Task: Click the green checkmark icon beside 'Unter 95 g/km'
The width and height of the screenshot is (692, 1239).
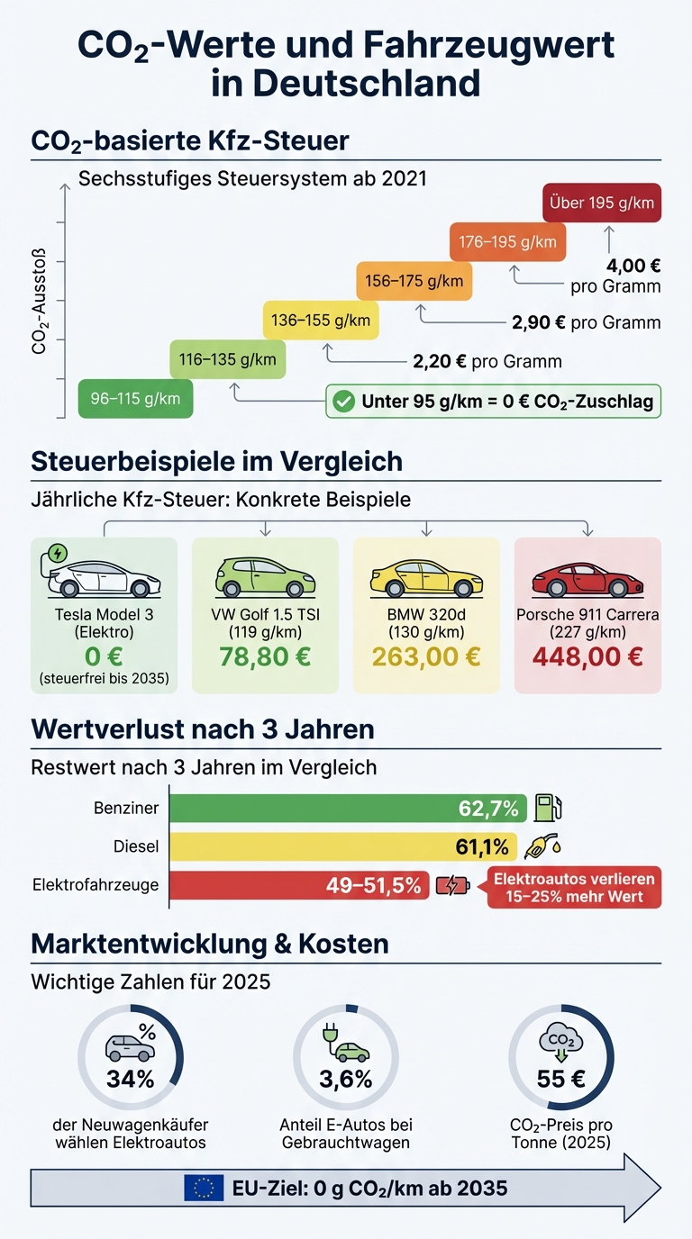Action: click(x=343, y=402)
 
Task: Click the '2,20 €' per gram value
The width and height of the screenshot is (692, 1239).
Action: click(x=439, y=361)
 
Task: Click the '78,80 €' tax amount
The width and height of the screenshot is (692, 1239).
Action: click(x=265, y=656)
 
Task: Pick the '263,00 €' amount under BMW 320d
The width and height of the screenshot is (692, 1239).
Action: click(x=426, y=656)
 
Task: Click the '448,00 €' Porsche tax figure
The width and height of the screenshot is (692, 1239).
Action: click(x=587, y=656)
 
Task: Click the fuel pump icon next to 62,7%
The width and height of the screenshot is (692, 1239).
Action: click(x=548, y=808)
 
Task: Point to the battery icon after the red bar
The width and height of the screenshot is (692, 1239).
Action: click(x=451, y=886)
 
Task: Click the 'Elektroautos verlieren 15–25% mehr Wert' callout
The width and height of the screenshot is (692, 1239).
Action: click(x=574, y=887)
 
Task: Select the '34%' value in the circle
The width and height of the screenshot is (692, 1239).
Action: click(x=131, y=1078)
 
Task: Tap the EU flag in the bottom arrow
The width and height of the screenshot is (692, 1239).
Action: click(x=204, y=1188)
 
